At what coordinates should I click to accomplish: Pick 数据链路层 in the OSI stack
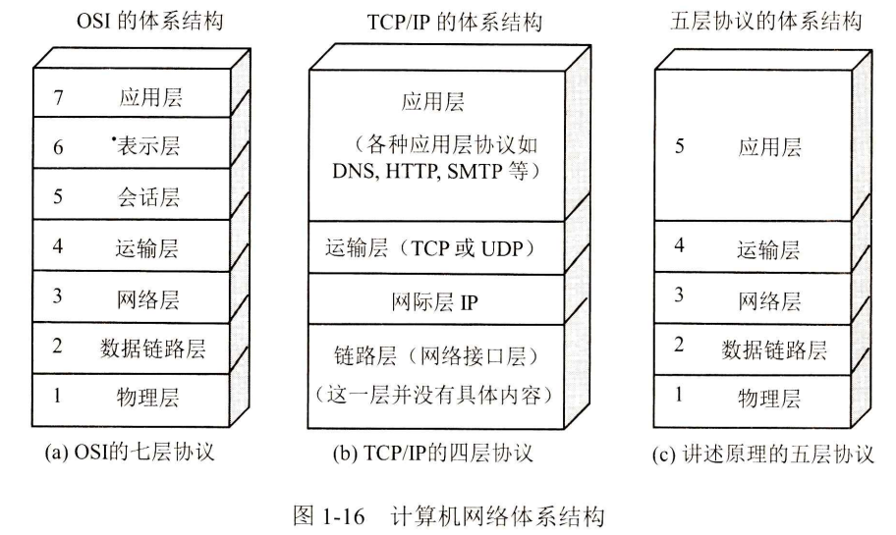click(x=153, y=348)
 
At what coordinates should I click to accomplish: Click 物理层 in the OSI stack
click(x=150, y=398)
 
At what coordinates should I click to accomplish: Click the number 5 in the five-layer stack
click(x=679, y=147)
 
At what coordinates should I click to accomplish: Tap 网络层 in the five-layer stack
click(x=769, y=299)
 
